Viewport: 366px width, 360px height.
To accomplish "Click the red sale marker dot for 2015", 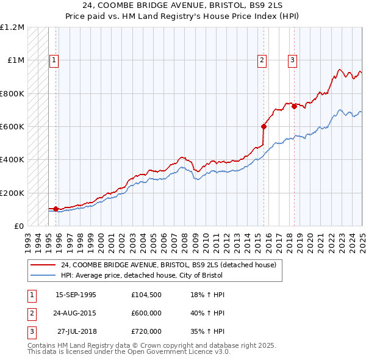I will pos(264,127).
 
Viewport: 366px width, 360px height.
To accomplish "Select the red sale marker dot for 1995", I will pos(56,209).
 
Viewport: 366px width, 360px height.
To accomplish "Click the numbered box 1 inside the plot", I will pos(54,60).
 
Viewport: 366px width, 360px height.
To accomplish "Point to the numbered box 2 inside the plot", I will pos(262,60).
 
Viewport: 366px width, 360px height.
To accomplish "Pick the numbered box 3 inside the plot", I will pos(292,60).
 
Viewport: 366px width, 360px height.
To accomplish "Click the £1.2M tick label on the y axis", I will pos(12,27).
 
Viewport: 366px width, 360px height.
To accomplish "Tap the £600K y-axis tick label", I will pos(12,127).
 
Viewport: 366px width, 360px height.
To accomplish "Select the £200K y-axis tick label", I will pos(12,193).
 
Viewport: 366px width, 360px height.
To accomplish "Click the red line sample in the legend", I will pos(43,265).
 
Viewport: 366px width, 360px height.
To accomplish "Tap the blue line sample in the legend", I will pos(43,275).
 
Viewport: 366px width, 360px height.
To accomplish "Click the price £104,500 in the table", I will pos(146,295).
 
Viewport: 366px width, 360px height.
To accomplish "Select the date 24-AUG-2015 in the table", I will pos(76,313).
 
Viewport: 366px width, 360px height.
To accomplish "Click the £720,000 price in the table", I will pos(146,331).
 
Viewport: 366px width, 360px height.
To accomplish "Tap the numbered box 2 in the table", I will pos(31,313).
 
